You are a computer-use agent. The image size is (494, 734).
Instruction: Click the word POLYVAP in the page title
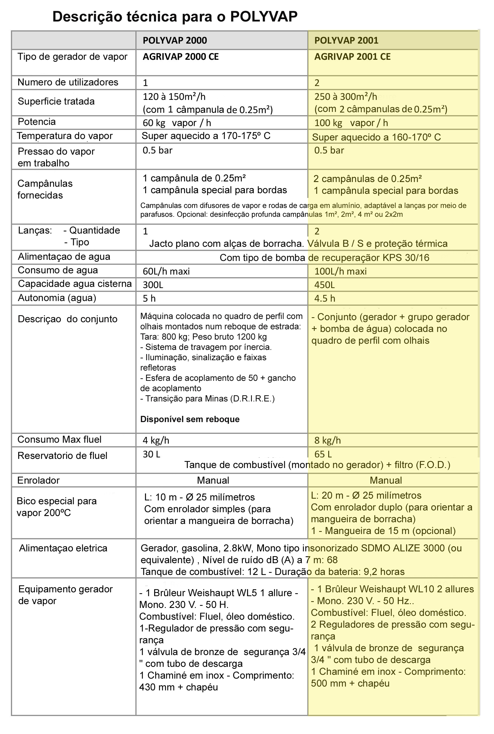[x=263, y=17]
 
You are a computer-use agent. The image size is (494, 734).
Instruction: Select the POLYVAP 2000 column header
[x=175, y=41]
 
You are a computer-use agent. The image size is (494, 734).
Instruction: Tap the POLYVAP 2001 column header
[x=346, y=41]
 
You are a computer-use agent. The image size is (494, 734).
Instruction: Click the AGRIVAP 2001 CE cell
[x=352, y=57]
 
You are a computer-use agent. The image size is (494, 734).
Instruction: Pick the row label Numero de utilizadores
[x=68, y=82]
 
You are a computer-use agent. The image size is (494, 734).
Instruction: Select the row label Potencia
[x=37, y=122]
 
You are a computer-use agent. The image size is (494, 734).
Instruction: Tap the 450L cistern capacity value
[x=324, y=285]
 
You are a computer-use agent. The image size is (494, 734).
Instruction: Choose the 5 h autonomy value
[x=149, y=299]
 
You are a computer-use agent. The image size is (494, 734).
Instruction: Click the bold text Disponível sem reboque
[x=190, y=419]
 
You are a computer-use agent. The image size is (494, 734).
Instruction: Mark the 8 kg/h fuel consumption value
[x=327, y=440]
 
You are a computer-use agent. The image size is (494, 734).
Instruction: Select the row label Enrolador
[x=38, y=480]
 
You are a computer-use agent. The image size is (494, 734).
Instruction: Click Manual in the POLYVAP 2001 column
[x=386, y=480]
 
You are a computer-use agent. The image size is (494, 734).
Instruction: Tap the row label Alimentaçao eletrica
[x=63, y=548]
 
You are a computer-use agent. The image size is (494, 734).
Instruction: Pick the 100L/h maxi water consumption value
[x=340, y=272]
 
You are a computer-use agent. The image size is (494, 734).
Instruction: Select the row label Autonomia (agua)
[x=57, y=298]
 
